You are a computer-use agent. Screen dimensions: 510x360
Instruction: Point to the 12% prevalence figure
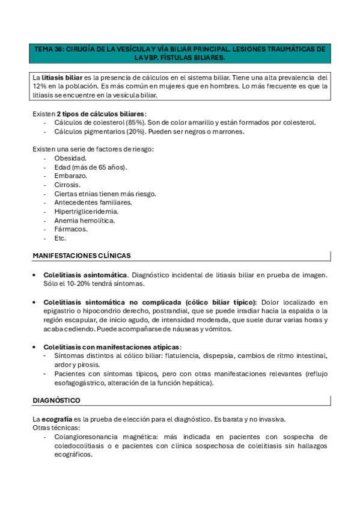[41, 87]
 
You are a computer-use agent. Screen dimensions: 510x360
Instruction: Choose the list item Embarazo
[70, 176]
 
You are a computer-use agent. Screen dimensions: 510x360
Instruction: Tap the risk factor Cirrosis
[67, 185]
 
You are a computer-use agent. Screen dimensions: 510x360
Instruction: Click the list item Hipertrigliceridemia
[86, 211]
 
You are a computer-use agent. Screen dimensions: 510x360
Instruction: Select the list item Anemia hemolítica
[84, 220]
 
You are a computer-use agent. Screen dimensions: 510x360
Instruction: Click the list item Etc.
[60, 238]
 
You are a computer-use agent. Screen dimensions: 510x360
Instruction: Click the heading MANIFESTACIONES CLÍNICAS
[82, 256]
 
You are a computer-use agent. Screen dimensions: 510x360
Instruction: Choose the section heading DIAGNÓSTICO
[56, 400]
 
